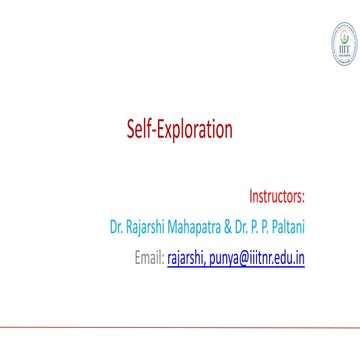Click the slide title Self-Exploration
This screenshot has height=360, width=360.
pos(179,130)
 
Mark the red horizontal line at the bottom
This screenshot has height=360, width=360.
pos(180,326)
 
